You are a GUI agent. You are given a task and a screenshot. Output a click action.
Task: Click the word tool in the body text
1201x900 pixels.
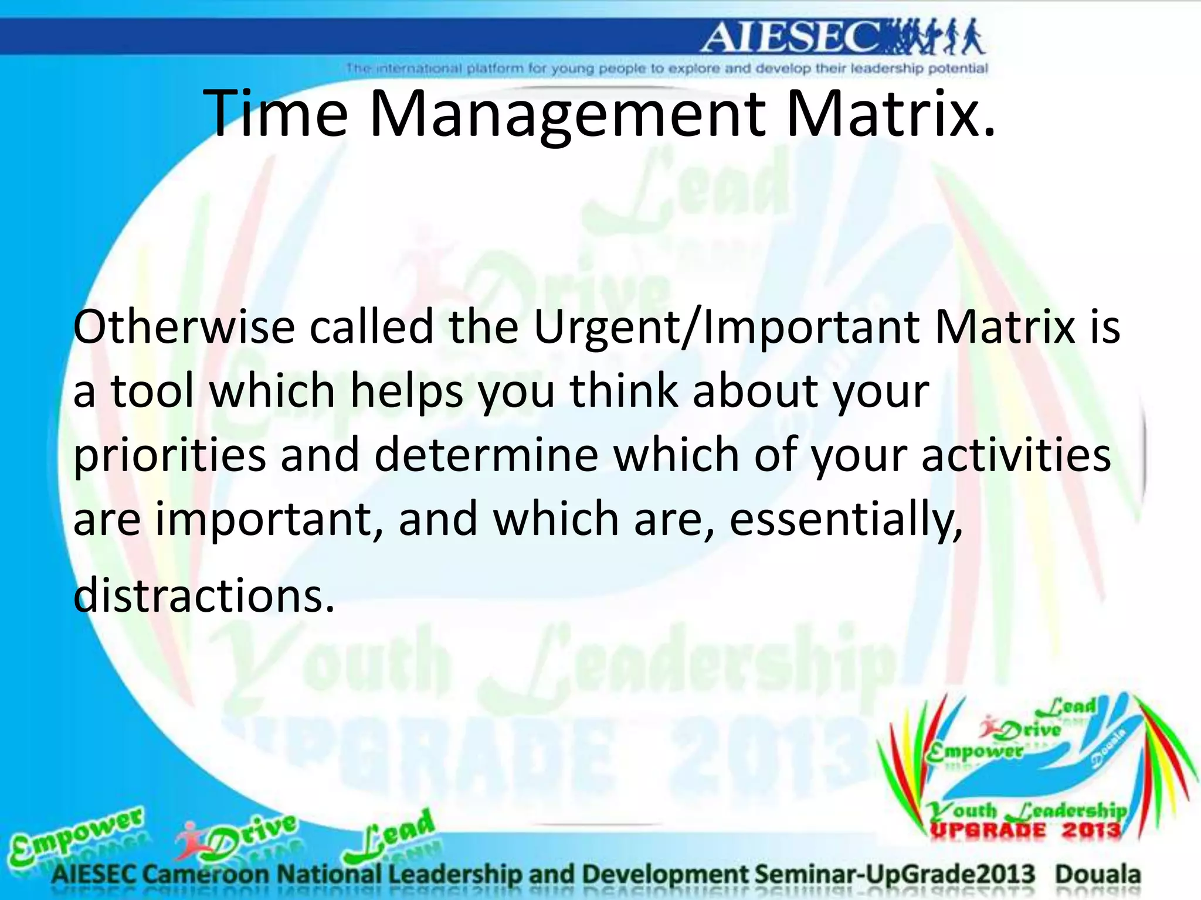(x=152, y=391)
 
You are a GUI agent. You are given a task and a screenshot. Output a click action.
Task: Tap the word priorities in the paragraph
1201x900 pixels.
(x=169, y=456)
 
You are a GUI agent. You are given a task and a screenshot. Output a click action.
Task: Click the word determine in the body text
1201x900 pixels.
(x=486, y=456)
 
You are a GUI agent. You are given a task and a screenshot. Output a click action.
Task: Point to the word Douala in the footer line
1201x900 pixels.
(x=1098, y=875)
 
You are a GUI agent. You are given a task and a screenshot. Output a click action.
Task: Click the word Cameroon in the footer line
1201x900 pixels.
(x=208, y=875)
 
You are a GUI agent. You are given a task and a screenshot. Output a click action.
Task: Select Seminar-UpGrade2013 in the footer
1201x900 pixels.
(x=895, y=875)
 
